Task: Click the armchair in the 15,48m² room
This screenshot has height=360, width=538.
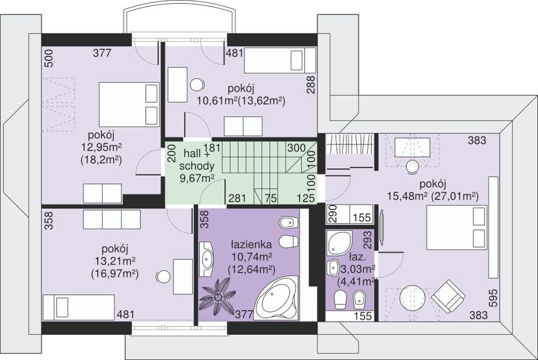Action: point(449,296)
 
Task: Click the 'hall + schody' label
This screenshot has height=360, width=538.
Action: point(196,160)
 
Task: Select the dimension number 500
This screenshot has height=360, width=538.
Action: point(49,58)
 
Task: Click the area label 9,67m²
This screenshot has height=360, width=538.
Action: point(198,178)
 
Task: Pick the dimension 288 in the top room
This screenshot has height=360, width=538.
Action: point(311,85)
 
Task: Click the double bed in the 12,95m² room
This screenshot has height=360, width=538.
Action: point(129,104)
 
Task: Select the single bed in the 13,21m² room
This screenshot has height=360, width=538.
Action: point(78,307)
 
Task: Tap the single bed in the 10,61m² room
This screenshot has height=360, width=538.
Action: point(280,61)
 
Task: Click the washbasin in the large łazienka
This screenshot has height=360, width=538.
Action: point(207,259)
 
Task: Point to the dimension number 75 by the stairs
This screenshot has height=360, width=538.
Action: point(271,198)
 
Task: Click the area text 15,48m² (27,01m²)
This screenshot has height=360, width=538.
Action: point(433,196)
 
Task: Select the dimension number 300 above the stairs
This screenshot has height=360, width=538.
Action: point(297,148)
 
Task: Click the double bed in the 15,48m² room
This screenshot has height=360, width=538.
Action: point(457,227)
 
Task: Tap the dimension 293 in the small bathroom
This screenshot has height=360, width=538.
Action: point(367,239)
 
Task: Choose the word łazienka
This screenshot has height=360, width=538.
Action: point(252,244)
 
